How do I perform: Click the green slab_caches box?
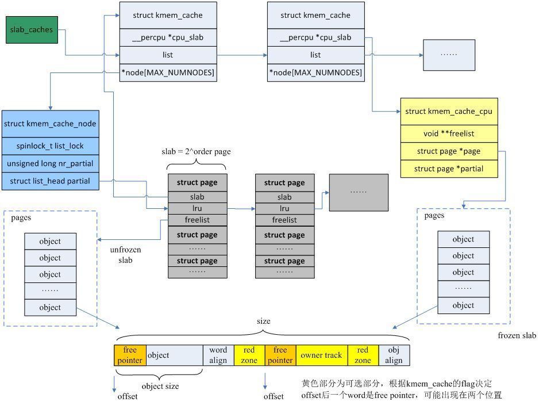coord(32,30)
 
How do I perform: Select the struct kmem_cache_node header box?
coord(50,124)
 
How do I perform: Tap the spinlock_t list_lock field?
coord(50,146)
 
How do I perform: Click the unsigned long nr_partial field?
coord(50,164)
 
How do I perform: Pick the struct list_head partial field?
coord(50,181)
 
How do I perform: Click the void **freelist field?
coord(449,133)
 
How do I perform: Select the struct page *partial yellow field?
coord(449,169)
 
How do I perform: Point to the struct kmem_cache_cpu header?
coord(449,112)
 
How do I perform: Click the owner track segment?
coord(321,356)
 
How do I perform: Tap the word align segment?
coord(218,356)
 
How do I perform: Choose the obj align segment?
coord(394,356)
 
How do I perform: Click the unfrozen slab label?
coord(126,255)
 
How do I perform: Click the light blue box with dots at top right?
coord(449,55)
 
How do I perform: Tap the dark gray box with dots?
coord(359,190)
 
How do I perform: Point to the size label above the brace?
coord(263,322)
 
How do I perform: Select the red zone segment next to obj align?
coord(363,356)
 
